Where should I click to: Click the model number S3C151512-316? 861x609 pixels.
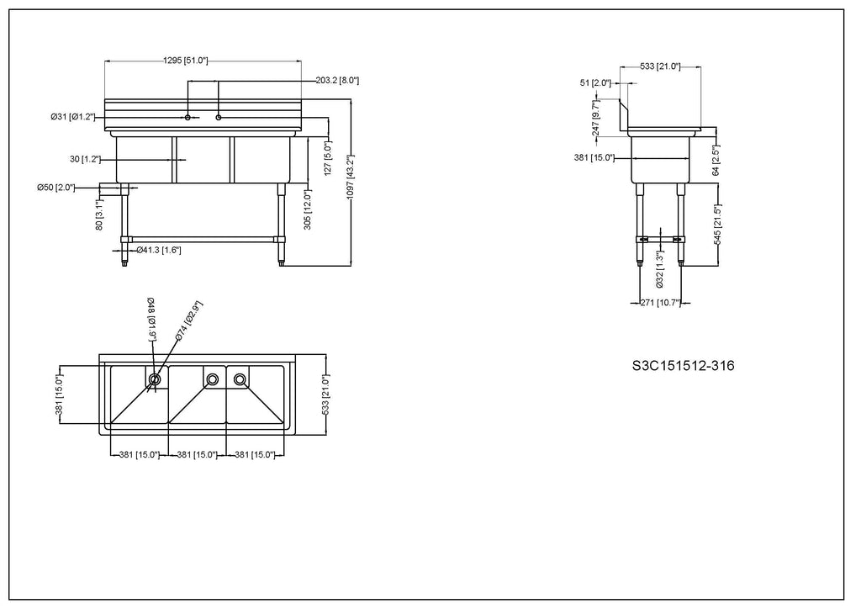(x=683, y=366)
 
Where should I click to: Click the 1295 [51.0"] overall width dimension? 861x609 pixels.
(x=186, y=61)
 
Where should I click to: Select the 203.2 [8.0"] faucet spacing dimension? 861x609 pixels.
(x=337, y=81)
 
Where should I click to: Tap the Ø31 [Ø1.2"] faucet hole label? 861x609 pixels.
(x=73, y=117)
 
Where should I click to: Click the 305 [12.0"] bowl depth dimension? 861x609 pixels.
(x=308, y=209)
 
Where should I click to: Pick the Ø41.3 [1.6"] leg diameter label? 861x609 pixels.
(x=159, y=251)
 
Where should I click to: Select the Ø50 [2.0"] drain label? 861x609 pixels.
(x=56, y=188)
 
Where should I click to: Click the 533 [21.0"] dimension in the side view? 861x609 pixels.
(x=660, y=66)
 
